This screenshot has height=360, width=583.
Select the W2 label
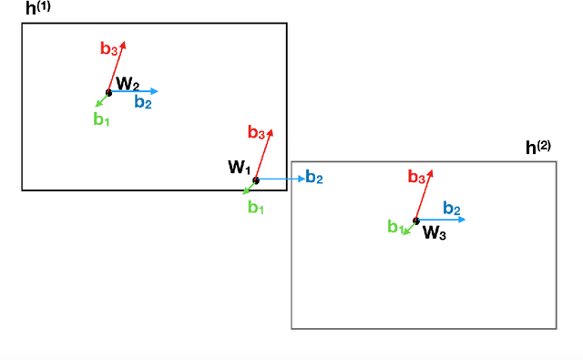tap(128, 84)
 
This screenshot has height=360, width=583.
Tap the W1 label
tap(239, 167)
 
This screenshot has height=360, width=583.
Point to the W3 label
tap(434, 232)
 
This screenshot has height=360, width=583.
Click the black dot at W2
tap(108, 92)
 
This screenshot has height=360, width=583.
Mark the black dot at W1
tap(256, 180)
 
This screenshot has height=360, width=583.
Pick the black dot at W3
tap(416, 221)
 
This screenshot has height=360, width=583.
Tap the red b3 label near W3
tap(417, 177)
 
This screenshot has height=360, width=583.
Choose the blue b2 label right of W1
tap(313, 177)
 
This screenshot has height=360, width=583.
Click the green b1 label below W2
tap(101, 119)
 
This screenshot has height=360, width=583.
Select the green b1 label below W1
tap(256, 207)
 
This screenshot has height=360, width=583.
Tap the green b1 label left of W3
tap(395, 227)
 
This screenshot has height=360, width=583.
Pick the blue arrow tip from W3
tap(465, 220)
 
